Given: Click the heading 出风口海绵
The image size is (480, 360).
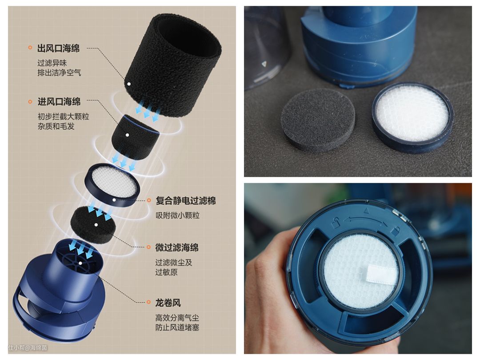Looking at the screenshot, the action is pyautogui.click(x=59, y=48).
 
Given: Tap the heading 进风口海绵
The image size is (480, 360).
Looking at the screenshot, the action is pyautogui.click(x=59, y=102).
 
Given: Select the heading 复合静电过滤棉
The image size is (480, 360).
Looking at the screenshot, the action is pyautogui.click(x=186, y=200).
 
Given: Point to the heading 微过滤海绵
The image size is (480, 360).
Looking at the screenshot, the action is pyautogui.click(x=177, y=248).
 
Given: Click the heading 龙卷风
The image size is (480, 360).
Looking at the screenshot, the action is pyautogui.click(x=168, y=303).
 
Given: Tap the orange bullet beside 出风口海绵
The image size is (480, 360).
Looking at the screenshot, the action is pyautogui.click(x=30, y=48).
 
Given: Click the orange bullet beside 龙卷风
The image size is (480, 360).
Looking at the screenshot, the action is pyautogui.click(x=149, y=302).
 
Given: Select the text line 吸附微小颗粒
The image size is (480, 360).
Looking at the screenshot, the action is pyautogui.click(x=177, y=216).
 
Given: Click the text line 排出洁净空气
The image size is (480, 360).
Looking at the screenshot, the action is pyautogui.click(x=60, y=72).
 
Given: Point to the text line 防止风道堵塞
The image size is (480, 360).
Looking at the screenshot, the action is pyautogui.click(x=177, y=327).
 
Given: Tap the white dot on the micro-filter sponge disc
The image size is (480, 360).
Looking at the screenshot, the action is pyautogui.click(x=96, y=225).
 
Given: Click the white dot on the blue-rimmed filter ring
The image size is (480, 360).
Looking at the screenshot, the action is pyautogui.click(x=114, y=200).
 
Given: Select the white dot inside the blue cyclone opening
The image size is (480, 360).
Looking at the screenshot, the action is pyautogui.click(x=80, y=263).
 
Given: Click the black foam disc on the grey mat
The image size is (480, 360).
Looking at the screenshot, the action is pyautogui.click(x=318, y=124).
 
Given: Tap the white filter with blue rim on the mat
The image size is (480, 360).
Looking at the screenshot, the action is pyautogui.click(x=412, y=117).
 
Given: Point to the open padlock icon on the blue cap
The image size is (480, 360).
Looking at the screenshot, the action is pyautogui.click(x=336, y=223).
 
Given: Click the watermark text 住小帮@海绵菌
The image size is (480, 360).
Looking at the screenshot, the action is pyautogui.click(x=28, y=348).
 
